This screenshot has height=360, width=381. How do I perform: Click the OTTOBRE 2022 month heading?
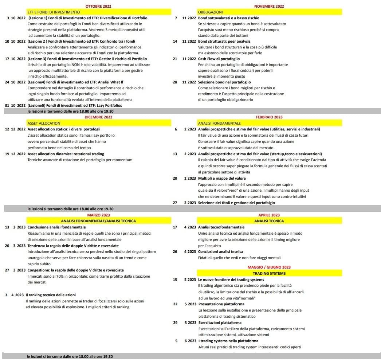pos(98,6)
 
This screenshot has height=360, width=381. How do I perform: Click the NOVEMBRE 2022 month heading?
pos(269,6)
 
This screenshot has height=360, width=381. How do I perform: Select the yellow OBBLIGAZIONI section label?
pos(210,12)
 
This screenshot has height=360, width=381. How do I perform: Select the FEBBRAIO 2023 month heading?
pos(269,117)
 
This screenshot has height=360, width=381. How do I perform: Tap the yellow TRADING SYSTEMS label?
pos(269,273)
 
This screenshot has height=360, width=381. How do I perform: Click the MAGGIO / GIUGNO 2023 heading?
pos(269,267)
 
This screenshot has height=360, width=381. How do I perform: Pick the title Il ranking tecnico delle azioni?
pos(51,294)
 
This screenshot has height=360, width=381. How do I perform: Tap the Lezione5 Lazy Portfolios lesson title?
pos(75,105)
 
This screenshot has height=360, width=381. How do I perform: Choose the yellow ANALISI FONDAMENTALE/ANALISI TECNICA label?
pos(98,221)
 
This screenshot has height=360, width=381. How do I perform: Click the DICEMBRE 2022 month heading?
pos(98,117)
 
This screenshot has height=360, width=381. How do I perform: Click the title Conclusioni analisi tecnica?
pos(221,251)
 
